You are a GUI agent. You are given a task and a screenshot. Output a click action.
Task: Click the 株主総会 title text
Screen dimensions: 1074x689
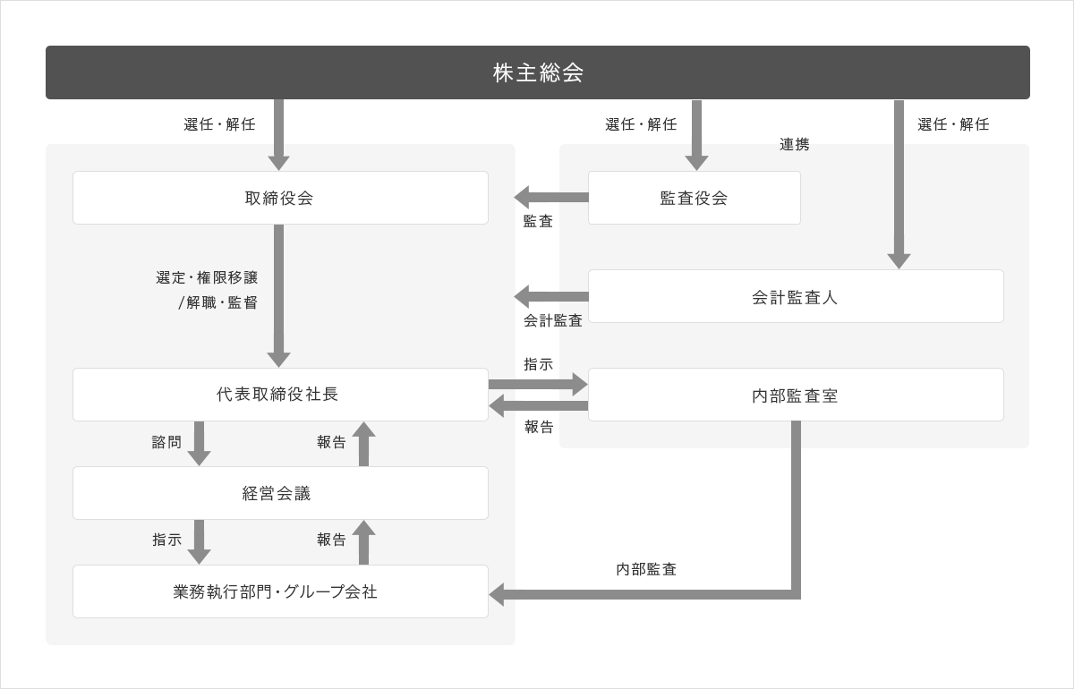(x=538, y=72)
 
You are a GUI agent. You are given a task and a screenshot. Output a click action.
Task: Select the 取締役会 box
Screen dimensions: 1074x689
(x=280, y=198)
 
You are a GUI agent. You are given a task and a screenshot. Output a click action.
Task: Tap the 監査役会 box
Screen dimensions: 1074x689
(x=695, y=198)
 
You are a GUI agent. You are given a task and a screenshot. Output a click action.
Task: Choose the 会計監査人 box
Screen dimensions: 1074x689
(x=796, y=296)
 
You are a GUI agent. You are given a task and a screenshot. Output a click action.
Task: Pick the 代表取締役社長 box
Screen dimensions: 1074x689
(x=280, y=395)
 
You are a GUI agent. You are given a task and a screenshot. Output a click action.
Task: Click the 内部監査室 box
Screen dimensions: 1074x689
(x=796, y=395)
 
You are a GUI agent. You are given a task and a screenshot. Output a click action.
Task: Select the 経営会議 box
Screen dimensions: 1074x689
(x=280, y=493)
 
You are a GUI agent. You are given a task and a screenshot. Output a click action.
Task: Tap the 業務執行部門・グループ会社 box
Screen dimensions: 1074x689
(x=280, y=591)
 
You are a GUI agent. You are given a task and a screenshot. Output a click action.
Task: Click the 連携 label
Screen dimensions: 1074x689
(x=795, y=144)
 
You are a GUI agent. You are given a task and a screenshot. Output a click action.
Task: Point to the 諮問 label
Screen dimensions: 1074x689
(x=166, y=442)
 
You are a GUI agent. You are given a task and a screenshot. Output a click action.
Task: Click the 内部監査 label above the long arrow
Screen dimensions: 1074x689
(x=646, y=569)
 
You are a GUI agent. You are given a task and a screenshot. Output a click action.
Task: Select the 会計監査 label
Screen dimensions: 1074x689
(x=553, y=320)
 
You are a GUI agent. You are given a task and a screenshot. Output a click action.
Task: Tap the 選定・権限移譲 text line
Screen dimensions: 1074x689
(x=207, y=277)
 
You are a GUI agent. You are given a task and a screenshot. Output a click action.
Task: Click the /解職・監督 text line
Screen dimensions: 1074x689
(x=217, y=302)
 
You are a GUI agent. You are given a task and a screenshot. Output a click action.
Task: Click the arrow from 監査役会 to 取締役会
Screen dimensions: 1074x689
(x=551, y=197)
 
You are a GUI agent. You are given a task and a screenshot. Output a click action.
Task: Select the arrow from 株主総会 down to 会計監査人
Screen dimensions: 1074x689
(x=899, y=184)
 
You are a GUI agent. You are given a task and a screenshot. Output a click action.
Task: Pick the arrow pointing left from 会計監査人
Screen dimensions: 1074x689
(x=551, y=296)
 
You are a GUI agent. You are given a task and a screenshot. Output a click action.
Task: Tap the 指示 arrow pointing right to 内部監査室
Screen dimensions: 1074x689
(x=539, y=384)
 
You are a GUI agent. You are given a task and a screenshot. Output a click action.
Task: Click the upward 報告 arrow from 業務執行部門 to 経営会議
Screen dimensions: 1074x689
(x=364, y=542)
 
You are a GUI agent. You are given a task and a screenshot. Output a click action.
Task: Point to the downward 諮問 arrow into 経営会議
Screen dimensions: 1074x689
(x=199, y=444)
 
